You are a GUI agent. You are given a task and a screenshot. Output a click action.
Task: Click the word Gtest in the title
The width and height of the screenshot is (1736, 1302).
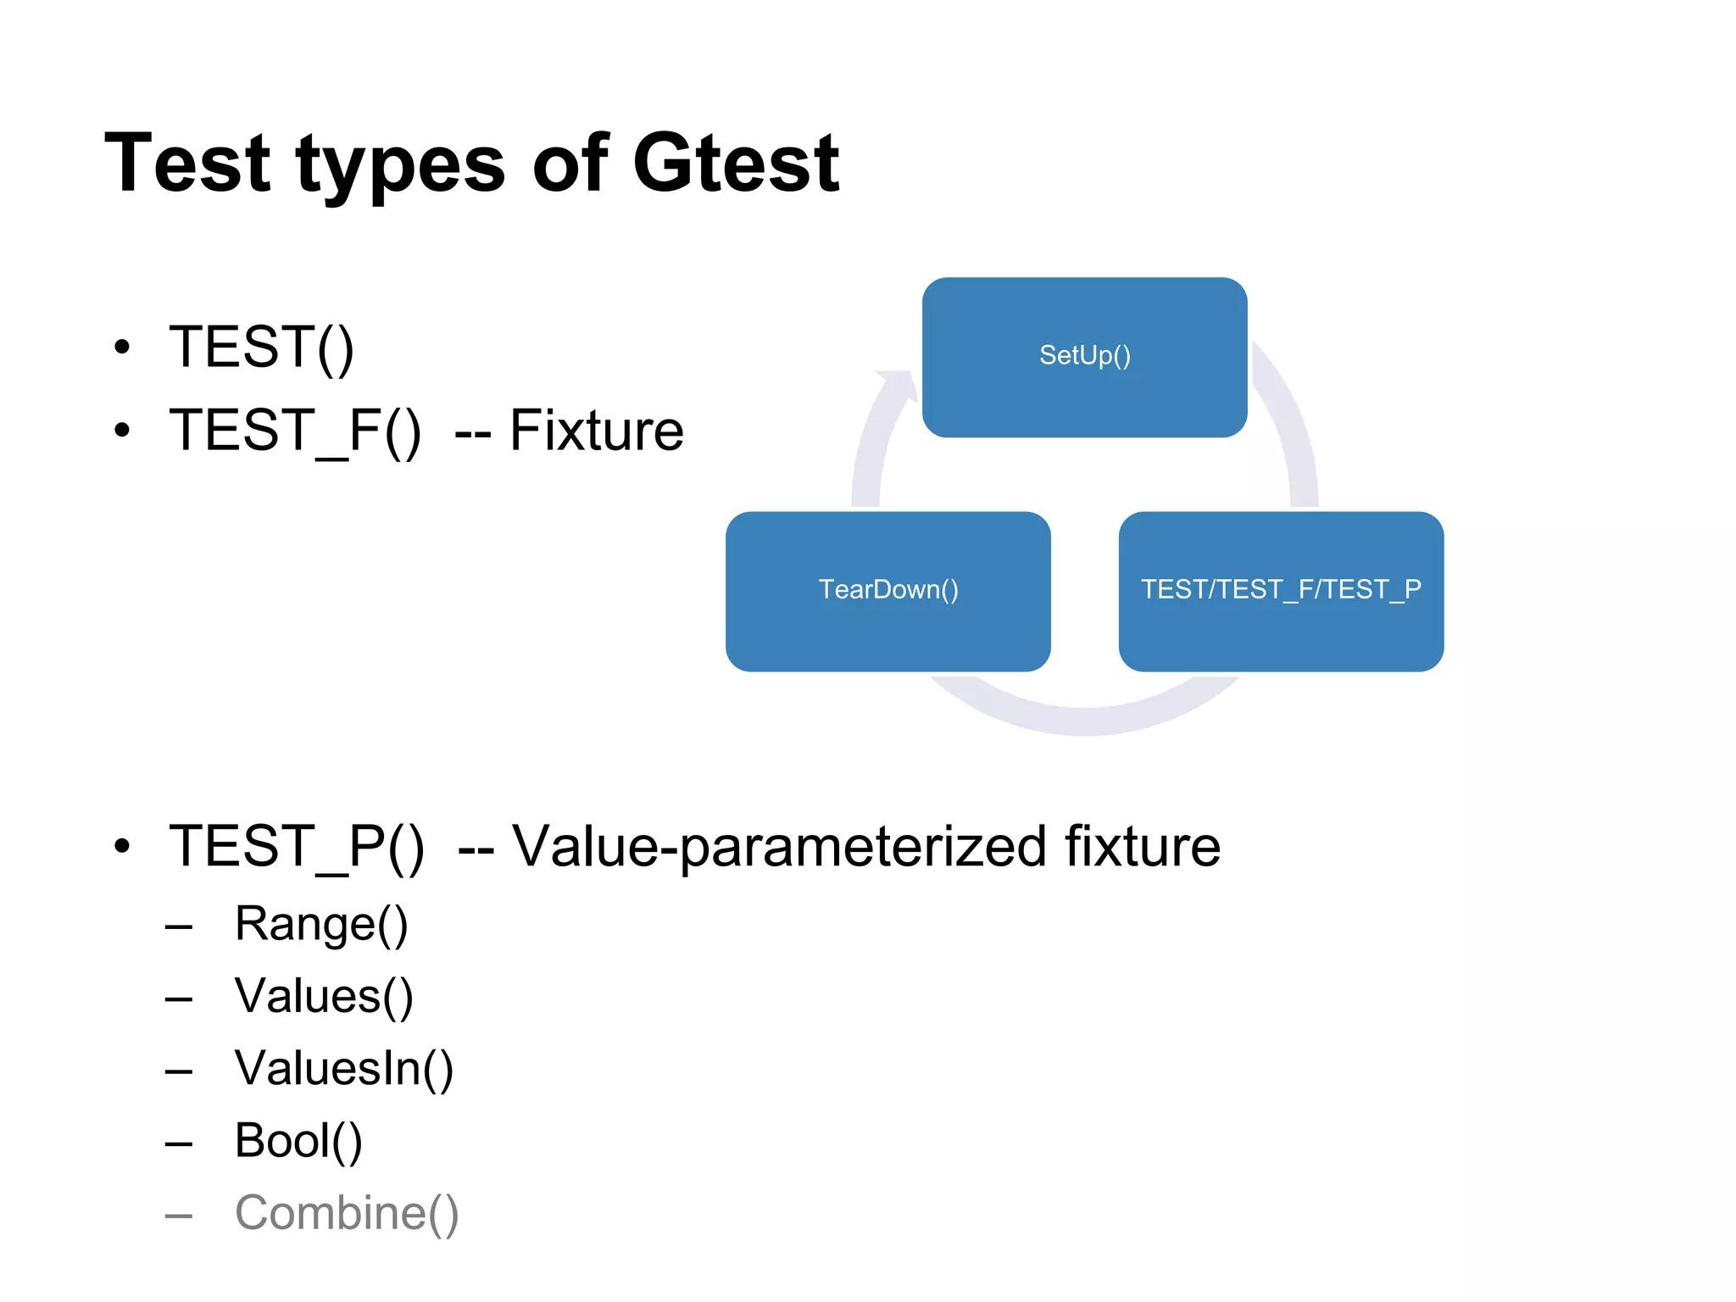(x=736, y=163)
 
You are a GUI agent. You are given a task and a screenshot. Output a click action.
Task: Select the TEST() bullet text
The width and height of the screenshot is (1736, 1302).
(x=261, y=347)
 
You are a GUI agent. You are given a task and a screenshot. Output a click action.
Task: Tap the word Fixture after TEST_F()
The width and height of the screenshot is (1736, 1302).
(x=596, y=431)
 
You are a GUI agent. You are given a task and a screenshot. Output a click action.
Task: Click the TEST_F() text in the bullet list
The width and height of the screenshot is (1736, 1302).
(x=295, y=431)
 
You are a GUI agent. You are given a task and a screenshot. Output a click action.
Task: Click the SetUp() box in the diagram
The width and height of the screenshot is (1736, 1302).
(x=1084, y=357)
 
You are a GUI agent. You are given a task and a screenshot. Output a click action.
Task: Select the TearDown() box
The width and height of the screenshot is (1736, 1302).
(x=887, y=591)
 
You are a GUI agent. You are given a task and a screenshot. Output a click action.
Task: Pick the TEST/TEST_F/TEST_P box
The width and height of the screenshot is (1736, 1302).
(x=1280, y=591)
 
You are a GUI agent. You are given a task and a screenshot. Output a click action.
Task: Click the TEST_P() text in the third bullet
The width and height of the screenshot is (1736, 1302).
(x=297, y=846)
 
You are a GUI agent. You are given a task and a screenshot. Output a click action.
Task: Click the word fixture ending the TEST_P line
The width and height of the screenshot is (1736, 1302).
(x=1142, y=846)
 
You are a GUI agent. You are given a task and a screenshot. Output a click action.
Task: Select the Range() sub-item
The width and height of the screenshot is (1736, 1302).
(x=321, y=924)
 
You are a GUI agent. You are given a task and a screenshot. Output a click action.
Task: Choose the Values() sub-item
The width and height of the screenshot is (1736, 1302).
(x=324, y=996)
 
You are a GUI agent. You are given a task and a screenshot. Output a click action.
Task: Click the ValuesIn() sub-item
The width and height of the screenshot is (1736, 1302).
(x=343, y=1068)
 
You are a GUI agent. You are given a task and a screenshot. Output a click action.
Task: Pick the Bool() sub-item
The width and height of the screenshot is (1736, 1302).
(x=298, y=1141)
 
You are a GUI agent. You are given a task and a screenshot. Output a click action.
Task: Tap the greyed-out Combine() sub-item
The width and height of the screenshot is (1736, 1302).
(x=347, y=1213)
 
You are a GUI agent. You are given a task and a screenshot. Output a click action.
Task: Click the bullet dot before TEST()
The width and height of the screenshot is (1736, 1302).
(x=123, y=347)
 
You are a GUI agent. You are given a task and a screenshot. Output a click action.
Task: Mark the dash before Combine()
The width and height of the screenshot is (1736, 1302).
(x=179, y=1216)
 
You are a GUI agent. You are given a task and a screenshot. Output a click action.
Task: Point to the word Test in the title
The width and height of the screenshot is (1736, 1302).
(x=187, y=163)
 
